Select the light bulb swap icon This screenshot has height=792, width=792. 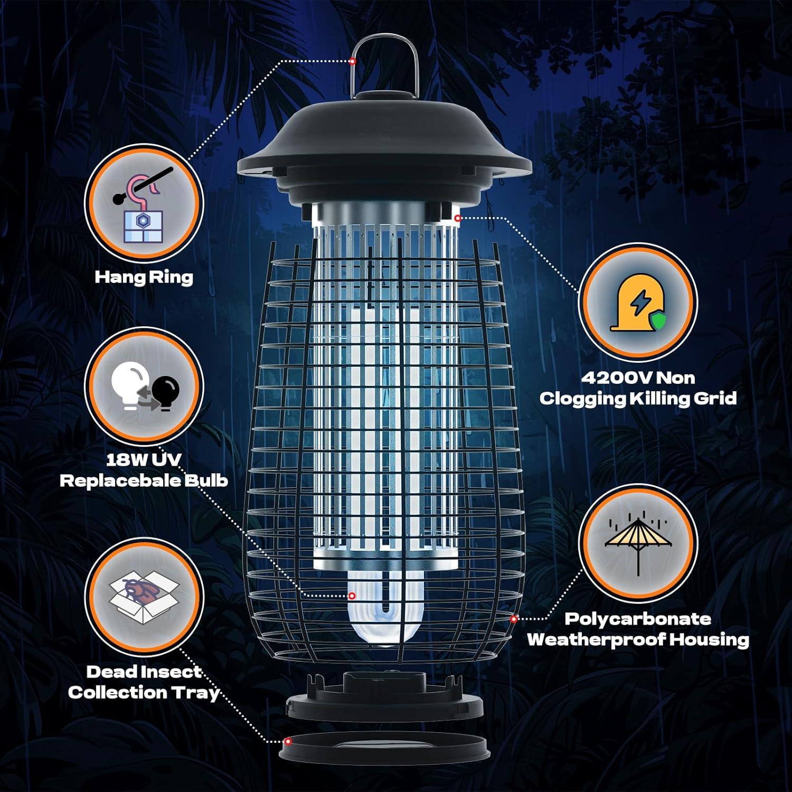[145, 386]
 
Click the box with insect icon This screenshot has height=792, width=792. [144, 596]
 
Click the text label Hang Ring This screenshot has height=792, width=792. [144, 277]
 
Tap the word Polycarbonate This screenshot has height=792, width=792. [638, 619]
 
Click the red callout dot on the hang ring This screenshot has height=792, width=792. [352, 61]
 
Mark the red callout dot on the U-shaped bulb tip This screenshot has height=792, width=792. [352, 596]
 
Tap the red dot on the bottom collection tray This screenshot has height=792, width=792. [288, 741]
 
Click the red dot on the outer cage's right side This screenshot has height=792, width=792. [513, 619]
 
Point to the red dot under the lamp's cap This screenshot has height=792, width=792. [458, 218]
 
